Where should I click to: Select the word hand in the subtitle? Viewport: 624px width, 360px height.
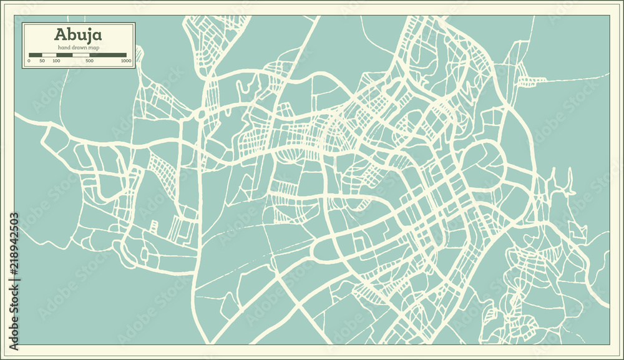(64, 48)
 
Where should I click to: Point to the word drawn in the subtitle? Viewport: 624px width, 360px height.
(79, 48)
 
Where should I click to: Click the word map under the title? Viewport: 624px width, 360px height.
(93, 48)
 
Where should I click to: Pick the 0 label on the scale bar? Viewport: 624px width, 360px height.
(29, 61)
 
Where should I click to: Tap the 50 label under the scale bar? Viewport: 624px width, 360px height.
(42, 61)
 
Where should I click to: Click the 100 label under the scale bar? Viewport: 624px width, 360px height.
(56, 61)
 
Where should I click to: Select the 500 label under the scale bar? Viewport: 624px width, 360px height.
(89, 61)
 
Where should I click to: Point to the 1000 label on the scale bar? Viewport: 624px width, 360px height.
(126, 61)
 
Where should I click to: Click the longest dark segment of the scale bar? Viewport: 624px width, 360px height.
(108, 56)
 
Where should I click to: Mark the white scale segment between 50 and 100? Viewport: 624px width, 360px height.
(49, 56)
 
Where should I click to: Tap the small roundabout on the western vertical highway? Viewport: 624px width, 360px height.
(202, 115)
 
